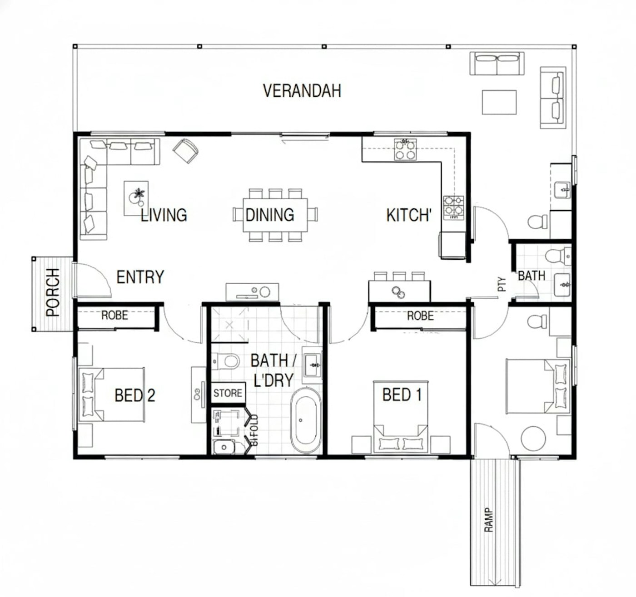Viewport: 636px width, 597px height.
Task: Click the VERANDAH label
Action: [302, 91]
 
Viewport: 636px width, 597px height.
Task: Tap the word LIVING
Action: [164, 215]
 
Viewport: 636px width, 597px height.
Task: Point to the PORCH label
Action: [53, 292]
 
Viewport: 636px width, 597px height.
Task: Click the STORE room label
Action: [228, 393]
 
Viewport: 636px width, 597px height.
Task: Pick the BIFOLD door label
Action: [254, 430]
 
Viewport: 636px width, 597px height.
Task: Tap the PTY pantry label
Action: [502, 284]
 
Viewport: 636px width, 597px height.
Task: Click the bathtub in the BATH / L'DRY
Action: [306, 420]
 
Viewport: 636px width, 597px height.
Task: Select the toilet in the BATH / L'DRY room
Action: [226, 361]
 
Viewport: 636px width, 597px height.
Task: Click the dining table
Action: [275, 215]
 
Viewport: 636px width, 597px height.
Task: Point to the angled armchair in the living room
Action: [185, 151]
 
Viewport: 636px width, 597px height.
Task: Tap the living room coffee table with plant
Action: [136, 198]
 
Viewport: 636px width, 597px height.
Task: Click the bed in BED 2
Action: [111, 395]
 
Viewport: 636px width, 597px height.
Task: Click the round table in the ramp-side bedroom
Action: [533, 439]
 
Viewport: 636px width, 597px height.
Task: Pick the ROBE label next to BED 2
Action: [114, 316]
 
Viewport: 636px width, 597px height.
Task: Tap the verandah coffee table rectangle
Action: [499, 103]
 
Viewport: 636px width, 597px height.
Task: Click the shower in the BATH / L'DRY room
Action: [229, 325]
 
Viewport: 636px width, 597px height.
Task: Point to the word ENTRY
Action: [140, 277]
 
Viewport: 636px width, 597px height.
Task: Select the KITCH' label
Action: [409, 215]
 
